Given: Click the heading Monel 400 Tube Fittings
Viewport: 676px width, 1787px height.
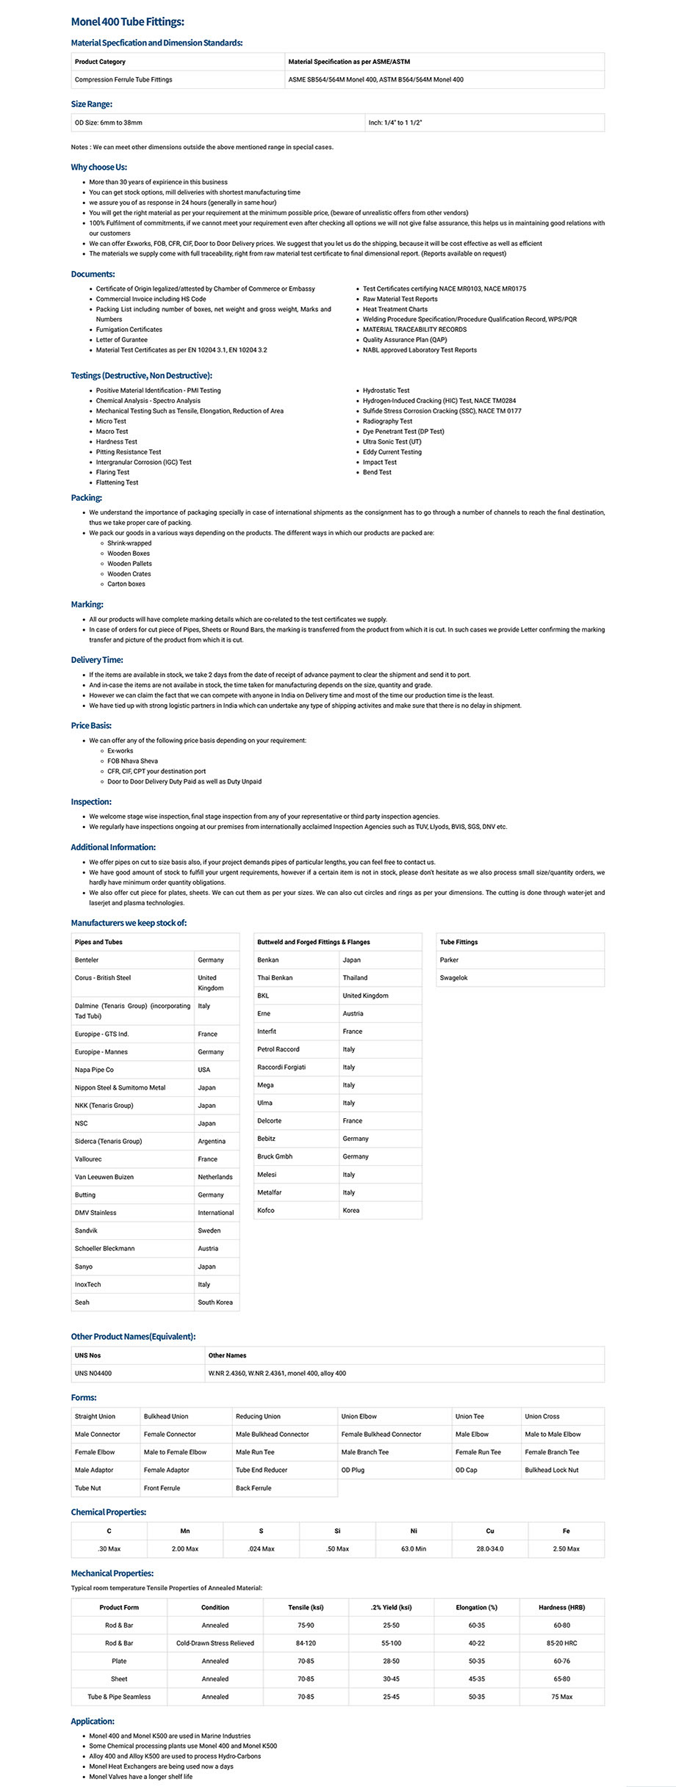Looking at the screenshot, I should [127, 22].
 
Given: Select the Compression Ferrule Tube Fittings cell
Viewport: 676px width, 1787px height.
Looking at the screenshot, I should [123, 79].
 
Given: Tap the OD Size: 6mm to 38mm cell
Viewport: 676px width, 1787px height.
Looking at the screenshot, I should [109, 123].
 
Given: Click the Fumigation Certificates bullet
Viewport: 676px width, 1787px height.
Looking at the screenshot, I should [129, 330].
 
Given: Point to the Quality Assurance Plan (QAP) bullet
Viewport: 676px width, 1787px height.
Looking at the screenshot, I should [405, 340].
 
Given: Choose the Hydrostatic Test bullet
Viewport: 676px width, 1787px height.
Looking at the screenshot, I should [386, 391].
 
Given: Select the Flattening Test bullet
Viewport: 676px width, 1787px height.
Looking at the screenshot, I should [117, 482].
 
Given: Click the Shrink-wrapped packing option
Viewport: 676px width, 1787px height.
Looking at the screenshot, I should [129, 543].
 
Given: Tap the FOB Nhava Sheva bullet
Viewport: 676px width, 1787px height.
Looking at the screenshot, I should [132, 761].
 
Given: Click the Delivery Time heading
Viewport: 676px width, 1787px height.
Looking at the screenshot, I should [97, 660].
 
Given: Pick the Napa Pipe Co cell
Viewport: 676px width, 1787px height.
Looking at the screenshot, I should [94, 1070].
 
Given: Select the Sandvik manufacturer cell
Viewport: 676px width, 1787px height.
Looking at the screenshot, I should [86, 1230].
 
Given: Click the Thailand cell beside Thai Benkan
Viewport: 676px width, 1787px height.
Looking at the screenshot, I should [355, 978].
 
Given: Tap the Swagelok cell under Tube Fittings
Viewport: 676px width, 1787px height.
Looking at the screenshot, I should [454, 978].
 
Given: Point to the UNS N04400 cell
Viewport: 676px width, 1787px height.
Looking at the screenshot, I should [93, 1373].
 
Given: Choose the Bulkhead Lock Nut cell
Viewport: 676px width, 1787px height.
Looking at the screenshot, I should [552, 1470].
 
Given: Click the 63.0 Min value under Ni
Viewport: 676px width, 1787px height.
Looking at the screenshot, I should [414, 1548].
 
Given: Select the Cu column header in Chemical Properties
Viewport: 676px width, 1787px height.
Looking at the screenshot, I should [490, 1531].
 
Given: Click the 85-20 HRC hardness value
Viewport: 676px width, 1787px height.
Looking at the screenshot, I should [561, 1643].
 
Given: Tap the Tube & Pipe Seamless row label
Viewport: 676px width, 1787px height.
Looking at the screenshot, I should [119, 1697].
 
